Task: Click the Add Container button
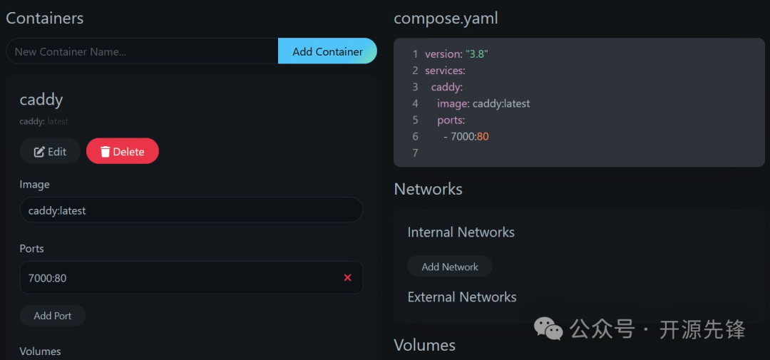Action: click(x=327, y=51)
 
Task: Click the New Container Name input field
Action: click(x=142, y=51)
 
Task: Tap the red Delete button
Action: click(x=123, y=151)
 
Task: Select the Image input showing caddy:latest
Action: click(x=191, y=210)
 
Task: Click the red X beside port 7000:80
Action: click(x=347, y=277)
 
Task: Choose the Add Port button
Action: click(x=53, y=315)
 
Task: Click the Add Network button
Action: click(x=450, y=267)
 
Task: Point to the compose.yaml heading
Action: click(x=446, y=19)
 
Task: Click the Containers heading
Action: click(x=45, y=19)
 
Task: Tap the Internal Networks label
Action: click(x=461, y=232)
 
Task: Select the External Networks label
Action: click(x=462, y=297)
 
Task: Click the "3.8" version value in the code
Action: click(x=477, y=54)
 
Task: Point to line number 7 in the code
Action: click(x=415, y=153)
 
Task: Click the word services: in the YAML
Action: click(x=445, y=71)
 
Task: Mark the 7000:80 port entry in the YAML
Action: click(x=469, y=136)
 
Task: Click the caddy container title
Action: click(x=41, y=99)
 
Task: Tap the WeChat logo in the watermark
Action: click(x=549, y=329)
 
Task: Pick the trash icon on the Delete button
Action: click(x=105, y=151)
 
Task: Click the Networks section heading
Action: click(x=428, y=189)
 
